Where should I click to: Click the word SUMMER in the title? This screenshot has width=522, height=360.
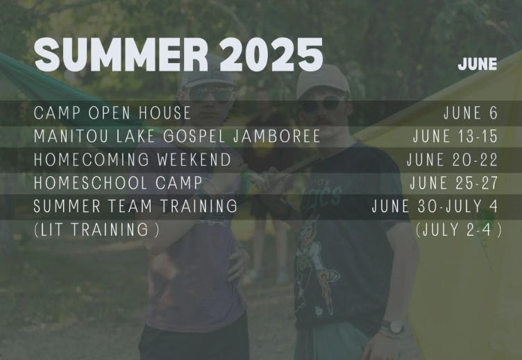(x=121, y=55)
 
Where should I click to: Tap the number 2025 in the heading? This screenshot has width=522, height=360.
(x=271, y=55)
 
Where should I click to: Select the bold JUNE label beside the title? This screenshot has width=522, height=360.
(x=478, y=64)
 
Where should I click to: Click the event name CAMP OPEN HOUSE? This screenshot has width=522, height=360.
(x=112, y=113)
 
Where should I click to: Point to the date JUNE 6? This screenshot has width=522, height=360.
(x=471, y=113)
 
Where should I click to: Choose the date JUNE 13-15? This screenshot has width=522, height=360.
(x=455, y=136)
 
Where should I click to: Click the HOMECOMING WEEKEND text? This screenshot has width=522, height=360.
(x=133, y=160)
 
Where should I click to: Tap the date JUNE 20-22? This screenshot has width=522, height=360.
(x=452, y=160)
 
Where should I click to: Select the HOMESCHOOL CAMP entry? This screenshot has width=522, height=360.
(x=118, y=182)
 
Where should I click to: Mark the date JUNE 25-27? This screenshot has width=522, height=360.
(x=454, y=182)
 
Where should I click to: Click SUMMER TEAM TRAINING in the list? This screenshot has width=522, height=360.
(x=135, y=206)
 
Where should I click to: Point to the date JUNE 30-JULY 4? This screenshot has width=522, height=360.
(x=435, y=206)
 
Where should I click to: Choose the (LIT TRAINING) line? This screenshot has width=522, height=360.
(x=97, y=230)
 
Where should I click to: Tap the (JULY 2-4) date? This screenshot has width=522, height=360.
(x=459, y=230)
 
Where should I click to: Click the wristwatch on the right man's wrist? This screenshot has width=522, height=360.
(x=394, y=327)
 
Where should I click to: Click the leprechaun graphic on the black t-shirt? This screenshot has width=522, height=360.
(x=313, y=263)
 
